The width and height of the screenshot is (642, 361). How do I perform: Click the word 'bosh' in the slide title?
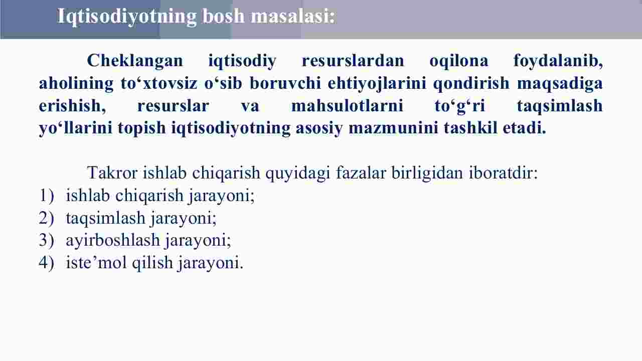coord(224,16)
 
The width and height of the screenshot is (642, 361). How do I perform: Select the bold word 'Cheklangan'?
coord(135,61)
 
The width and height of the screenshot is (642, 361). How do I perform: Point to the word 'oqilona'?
coord(459,61)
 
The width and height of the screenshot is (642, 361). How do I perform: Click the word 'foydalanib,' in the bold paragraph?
coord(558,61)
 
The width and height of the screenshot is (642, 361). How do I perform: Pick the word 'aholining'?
coord(76,84)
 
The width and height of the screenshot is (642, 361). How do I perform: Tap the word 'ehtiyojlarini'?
coord(377,84)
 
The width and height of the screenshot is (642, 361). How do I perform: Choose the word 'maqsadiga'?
coord(560,84)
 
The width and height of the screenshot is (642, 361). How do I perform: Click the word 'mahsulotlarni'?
coord(348,106)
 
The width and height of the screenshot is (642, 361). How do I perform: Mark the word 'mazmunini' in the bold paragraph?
coord(393,128)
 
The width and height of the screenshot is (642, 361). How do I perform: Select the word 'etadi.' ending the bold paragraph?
coord(525,128)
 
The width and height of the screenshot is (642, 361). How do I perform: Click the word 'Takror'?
coord(112,173)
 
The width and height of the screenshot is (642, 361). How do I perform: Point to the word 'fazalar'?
coord(361,173)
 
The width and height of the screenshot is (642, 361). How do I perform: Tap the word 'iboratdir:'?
coord(503,173)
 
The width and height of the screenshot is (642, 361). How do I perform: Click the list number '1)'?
coord(47,196)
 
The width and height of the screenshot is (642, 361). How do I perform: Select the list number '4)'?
coord(47,262)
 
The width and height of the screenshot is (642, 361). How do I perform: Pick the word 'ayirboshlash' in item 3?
coord(113,240)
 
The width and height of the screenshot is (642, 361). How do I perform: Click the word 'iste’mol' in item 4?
coord(96,262)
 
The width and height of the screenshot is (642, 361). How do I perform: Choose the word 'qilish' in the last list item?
coord(152,262)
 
